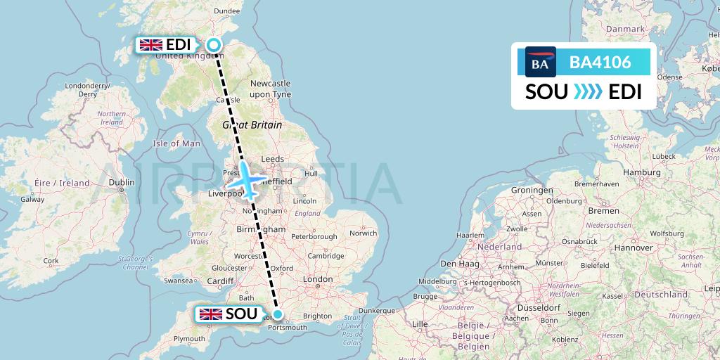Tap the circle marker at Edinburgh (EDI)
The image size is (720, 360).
point(214,45)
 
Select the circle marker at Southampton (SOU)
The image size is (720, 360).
point(278,314)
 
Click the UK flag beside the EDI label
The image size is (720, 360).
point(151,45)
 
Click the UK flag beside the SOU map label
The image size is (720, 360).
point(211,314)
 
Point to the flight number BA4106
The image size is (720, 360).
point(600,63)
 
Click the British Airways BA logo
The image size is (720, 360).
point(540,63)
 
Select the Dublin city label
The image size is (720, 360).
point(122,182)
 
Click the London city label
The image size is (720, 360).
point(318,279)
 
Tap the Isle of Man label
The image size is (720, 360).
point(176,143)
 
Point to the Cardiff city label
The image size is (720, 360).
point(219,281)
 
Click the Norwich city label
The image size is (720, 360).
point(364,233)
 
